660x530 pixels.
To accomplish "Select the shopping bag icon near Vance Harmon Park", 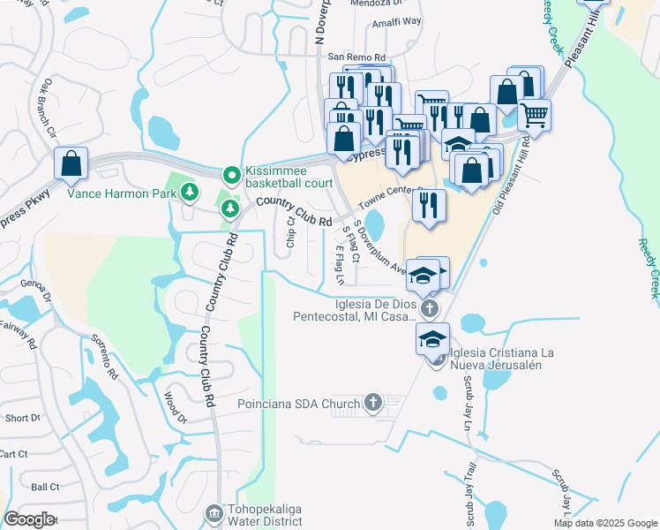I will click(x=71, y=165).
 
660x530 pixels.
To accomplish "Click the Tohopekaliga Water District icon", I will click(x=213, y=513).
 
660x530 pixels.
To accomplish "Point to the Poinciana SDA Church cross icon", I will click(x=372, y=404).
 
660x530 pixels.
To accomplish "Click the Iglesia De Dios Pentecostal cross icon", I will click(x=429, y=308).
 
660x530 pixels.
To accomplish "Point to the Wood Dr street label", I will click(x=175, y=406).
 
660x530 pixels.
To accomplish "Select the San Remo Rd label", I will click(x=356, y=57).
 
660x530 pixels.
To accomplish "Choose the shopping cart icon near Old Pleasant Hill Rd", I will click(x=534, y=114).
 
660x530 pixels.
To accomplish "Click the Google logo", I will click(x=29, y=519).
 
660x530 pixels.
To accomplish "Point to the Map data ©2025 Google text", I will click(x=604, y=523).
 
